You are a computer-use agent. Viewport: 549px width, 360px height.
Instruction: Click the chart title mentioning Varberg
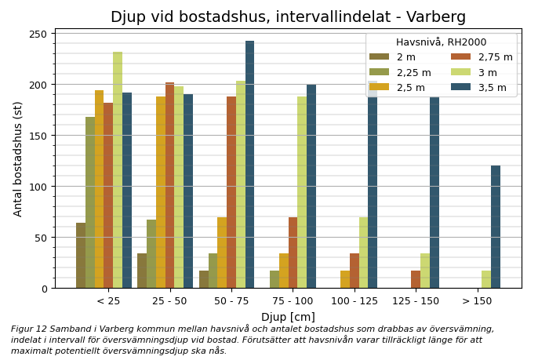point(288,17)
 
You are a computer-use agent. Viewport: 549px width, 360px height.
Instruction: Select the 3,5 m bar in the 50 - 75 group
point(249,165)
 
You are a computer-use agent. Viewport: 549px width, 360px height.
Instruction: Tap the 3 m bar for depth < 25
point(118,170)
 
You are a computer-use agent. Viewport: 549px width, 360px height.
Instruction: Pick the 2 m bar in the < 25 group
point(81,256)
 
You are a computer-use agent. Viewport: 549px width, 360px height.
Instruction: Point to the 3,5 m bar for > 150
point(496,227)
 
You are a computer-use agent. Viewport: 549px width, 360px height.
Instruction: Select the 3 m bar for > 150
point(486,279)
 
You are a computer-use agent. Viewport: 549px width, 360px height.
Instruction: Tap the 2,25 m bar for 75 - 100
point(274,279)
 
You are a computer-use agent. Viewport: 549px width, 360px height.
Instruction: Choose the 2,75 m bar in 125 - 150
point(416,279)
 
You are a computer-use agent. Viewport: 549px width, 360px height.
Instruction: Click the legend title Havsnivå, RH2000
point(441,42)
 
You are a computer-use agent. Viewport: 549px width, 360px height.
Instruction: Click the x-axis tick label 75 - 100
point(293,301)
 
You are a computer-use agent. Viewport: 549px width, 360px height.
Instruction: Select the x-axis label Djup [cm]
point(288,317)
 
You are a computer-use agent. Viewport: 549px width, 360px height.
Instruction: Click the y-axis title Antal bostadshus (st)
point(18,158)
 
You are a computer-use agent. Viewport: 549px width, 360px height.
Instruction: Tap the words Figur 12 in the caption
point(27,329)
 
